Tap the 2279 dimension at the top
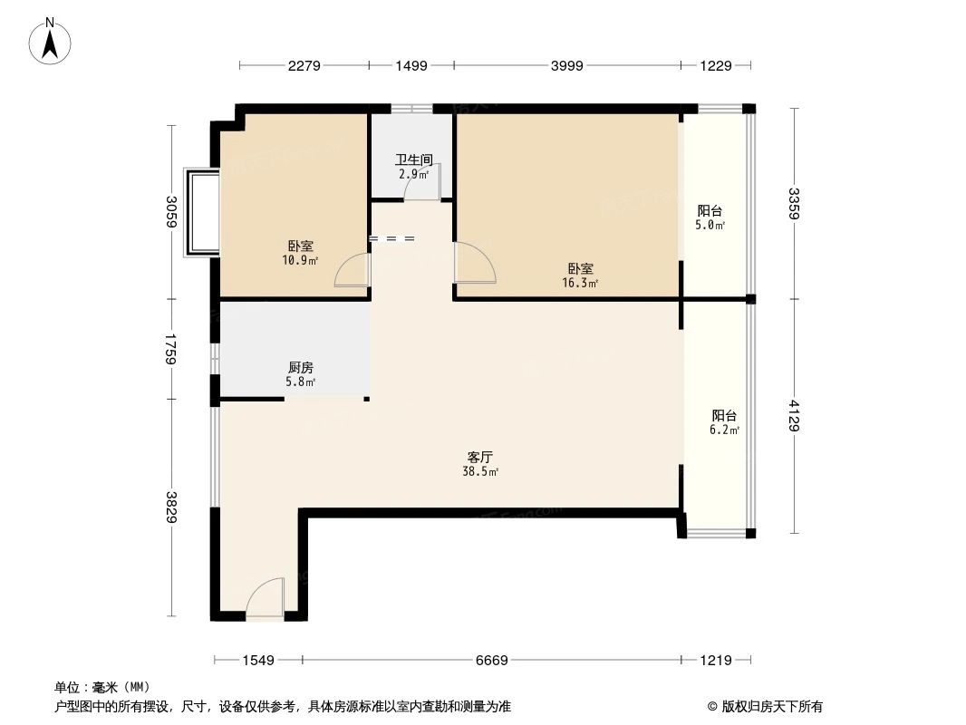coord(304,65)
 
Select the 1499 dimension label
coord(411,65)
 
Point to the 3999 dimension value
coord(567,65)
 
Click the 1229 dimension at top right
coord(716,65)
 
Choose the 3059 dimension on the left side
coord(170,214)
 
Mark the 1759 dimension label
coord(170,349)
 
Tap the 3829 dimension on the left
coord(170,508)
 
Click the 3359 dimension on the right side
coord(794,204)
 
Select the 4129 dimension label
coord(794,416)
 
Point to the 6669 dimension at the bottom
coord(492,661)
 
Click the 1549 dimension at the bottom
coord(258,661)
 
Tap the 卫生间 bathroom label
coord(413,159)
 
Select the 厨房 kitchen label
coord(301,367)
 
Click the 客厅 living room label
coord(479,458)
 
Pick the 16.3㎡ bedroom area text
coord(581,283)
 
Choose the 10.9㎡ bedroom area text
coord(300,260)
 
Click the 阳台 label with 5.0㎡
coord(710,210)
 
